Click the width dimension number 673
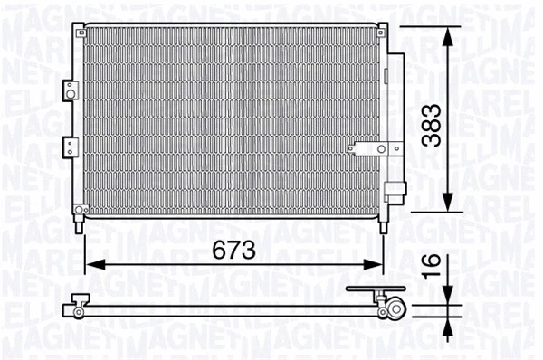point(232,248)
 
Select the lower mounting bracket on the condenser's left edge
point(68,145)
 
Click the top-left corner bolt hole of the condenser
point(84,31)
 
